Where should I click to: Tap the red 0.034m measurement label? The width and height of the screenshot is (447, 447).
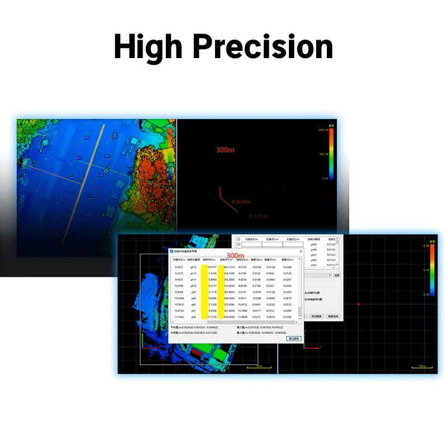coord(241,202)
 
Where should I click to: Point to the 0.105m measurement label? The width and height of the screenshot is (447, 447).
coord(258,216)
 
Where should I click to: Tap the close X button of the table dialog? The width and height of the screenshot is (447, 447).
coord(300,252)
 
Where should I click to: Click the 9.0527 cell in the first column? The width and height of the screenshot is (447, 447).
coord(179,267)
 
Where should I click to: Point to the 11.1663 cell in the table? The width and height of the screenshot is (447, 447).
coord(179,317)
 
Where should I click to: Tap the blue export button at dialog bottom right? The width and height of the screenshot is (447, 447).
coord(293,339)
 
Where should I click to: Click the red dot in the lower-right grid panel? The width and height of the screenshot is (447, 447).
coord(358,304)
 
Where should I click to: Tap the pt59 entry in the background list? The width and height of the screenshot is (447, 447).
coord(313,245)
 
